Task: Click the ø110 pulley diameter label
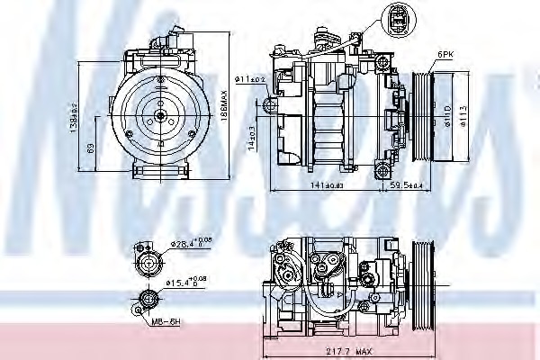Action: click(x=447, y=114)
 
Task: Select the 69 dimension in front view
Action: click(x=90, y=146)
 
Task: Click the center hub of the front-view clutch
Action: click(x=158, y=115)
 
